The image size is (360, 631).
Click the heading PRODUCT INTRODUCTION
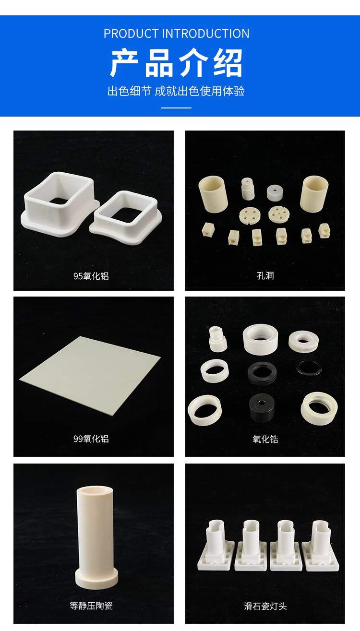pos(176,34)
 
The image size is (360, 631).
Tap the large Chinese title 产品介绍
pos(176,63)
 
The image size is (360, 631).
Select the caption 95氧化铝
pos(91,276)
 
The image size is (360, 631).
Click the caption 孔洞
pos(265,275)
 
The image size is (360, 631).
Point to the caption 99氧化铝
pos(91,439)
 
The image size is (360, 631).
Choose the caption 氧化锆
pos(265,439)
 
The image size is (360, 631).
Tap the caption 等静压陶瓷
pos(91,606)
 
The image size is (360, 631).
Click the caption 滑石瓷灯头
pos(265,606)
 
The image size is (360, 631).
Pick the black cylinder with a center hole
pos(262,407)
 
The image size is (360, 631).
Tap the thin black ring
pos(309,368)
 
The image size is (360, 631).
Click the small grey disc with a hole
pos(275,193)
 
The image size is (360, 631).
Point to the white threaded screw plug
pos(217,339)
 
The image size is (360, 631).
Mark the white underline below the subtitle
pos(176,107)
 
